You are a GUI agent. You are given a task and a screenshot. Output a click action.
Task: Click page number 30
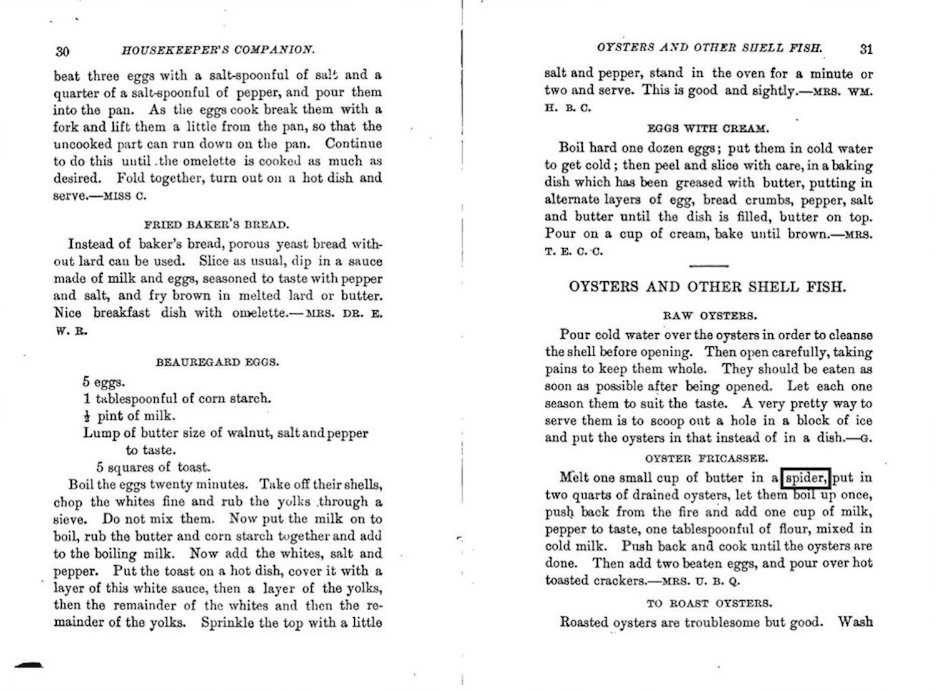click(62, 51)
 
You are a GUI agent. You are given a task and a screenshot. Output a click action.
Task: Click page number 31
click(865, 49)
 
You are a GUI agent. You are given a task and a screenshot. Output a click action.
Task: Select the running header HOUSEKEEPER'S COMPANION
click(218, 50)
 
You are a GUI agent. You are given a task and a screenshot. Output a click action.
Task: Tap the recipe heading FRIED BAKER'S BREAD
click(217, 224)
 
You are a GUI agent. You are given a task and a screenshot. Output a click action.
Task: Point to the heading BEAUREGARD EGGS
click(217, 362)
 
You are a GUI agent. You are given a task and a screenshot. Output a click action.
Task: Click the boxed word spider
click(805, 478)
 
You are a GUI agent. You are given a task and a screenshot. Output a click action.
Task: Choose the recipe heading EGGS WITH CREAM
click(708, 129)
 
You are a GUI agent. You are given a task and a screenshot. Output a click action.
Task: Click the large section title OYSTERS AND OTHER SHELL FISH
click(707, 287)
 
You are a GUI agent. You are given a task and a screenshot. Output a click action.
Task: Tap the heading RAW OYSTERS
click(710, 316)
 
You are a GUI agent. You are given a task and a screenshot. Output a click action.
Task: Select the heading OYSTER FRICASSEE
click(706, 458)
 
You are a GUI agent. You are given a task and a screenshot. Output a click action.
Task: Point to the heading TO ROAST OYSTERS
click(709, 603)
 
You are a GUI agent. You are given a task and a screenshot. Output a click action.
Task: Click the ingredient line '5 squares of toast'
click(153, 467)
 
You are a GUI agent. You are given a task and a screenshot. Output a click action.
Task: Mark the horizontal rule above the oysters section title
click(708, 266)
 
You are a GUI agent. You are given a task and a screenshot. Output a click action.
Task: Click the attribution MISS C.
click(125, 196)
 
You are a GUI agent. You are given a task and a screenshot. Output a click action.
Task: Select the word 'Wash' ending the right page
click(855, 622)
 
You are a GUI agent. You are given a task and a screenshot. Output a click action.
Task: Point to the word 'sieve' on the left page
click(69, 519)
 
